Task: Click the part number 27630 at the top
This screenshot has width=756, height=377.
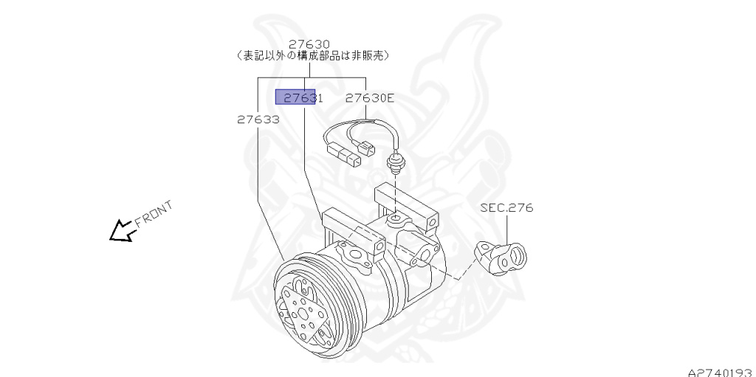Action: point(309,44)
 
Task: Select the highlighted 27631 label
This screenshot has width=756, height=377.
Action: point(296,97)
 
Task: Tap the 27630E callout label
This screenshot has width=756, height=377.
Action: point(370,97)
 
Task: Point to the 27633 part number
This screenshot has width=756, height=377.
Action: point(258,119)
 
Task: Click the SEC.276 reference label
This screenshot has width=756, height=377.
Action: point(506,208)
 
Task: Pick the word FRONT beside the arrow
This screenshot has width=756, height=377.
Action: point(153,213)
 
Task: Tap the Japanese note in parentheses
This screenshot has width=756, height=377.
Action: point(315,55)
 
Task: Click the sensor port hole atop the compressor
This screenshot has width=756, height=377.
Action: point(396,219)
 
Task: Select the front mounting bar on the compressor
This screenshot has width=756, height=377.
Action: point(352,229)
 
